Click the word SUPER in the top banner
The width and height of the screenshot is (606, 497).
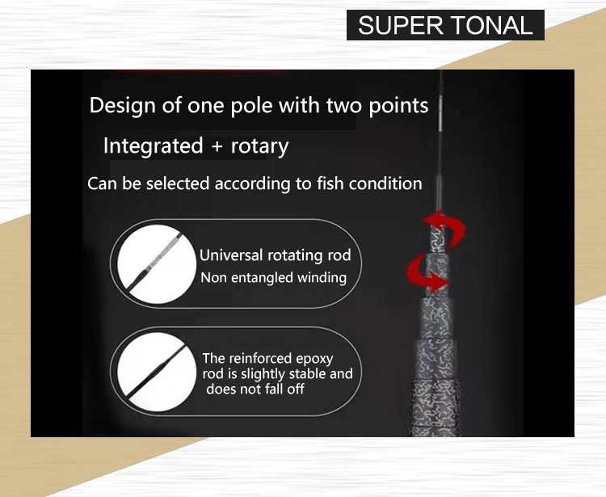(401, 26)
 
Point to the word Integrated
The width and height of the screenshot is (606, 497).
(154, 146)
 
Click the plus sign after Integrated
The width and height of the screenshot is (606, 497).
(217, 147)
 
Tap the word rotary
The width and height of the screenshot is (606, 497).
(259, 147)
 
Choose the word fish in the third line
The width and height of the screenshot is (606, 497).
(330, 183)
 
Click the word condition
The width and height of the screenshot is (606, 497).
(385, 183)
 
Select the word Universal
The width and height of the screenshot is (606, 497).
(231, 255)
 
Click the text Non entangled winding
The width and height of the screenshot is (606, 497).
(274, 277)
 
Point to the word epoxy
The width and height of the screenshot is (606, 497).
(314, 359)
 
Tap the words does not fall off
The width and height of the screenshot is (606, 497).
(255, 389)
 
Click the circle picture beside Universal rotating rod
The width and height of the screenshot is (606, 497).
(157, 264)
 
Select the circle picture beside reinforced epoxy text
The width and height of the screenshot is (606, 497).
(157, 373)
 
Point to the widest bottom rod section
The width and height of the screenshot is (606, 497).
(436, 408)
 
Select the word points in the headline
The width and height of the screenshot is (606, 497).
(398, 106)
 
